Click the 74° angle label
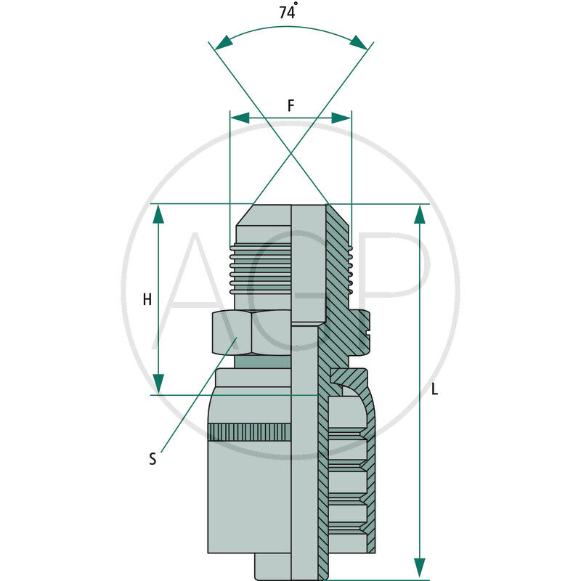click(288, 11)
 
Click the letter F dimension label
click(291, 106)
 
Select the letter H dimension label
click(147, 299)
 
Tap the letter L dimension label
click(434, 389)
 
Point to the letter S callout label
click(153, 459)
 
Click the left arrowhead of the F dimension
click(240, 118)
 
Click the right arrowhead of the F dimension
click(341, 118)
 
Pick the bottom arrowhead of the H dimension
click(158, 383)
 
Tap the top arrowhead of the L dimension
click(420, 214)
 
